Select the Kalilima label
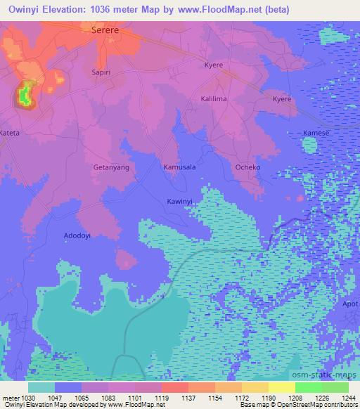pos(214,100)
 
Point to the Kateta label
pos(10,132)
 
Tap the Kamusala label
pos(179,168)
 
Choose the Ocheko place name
pos(247,168)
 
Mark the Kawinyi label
pos(180,202)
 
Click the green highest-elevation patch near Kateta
pos(26,94)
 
